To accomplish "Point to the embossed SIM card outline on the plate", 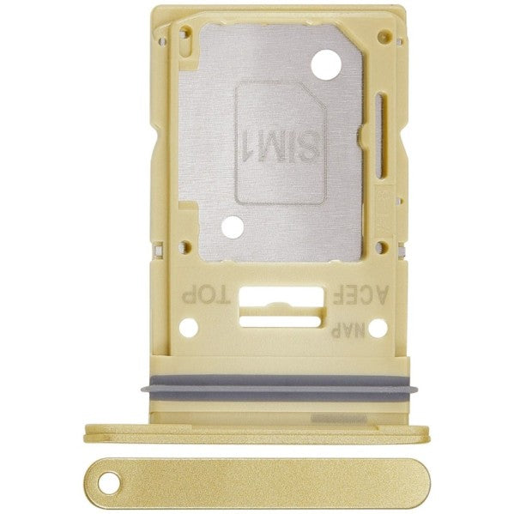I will pos(280,142).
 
